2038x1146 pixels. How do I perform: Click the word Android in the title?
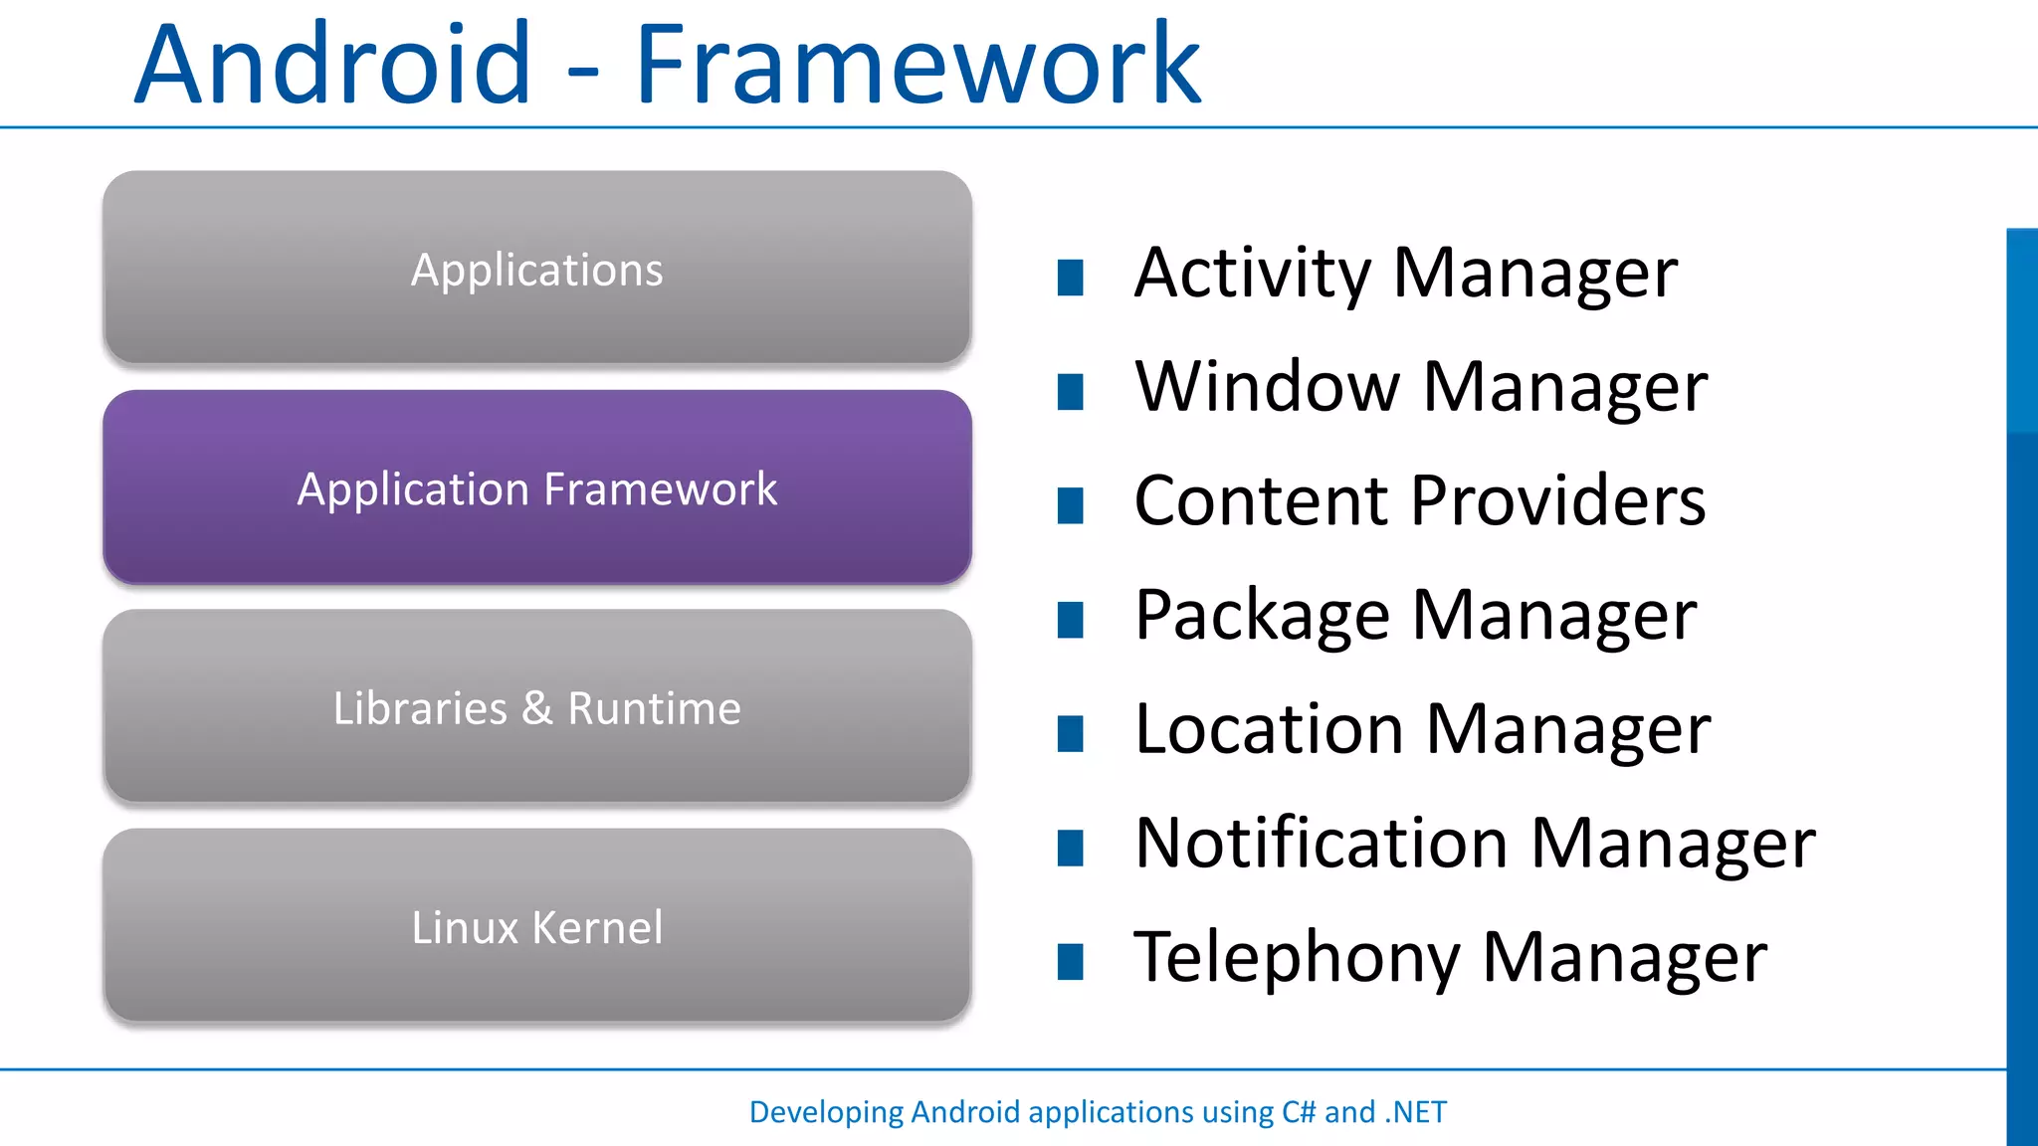(x=333, y=65)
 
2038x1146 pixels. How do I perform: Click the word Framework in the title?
(x=917, y=65)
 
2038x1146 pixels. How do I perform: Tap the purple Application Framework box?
(x=537, y=487)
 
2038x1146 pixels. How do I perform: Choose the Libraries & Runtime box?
(x=537, y=707)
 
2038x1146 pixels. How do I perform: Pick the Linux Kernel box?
(x=537, y=926)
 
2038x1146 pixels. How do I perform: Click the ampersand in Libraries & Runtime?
(x=537, y=708)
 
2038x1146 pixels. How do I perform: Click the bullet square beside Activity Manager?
(x=1070, y=278)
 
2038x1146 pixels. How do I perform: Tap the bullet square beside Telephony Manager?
(x=1070, y=962)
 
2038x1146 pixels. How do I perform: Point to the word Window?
(x=1267, y=387)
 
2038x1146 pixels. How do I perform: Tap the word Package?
(x=1262, y=617)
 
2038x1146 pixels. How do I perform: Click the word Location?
(x=1269, y=729)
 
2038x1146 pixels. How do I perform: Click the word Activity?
(x=1252, y=275)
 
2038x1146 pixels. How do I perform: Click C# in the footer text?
(x=1298, y=1111)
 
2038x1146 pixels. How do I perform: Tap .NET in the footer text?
(x=1415, y=1111)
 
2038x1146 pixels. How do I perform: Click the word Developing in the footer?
(x=826, y=1112)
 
